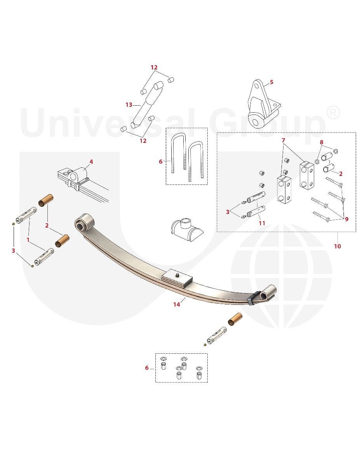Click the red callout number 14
click(177, 304)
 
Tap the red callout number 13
click(129, 105)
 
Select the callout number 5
click(271, 82)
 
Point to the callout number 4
click(91, 162)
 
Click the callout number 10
click(337, 246)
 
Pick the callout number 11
click(262, 223)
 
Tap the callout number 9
click(347, 219)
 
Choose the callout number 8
click(322, 142)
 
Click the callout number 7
click(283, 140)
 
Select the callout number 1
click(28, 240)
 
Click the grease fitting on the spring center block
click(177, 275)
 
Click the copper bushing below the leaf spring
click(235, 319)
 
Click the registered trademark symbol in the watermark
click(332, 113)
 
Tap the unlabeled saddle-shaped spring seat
click(187, 229)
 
